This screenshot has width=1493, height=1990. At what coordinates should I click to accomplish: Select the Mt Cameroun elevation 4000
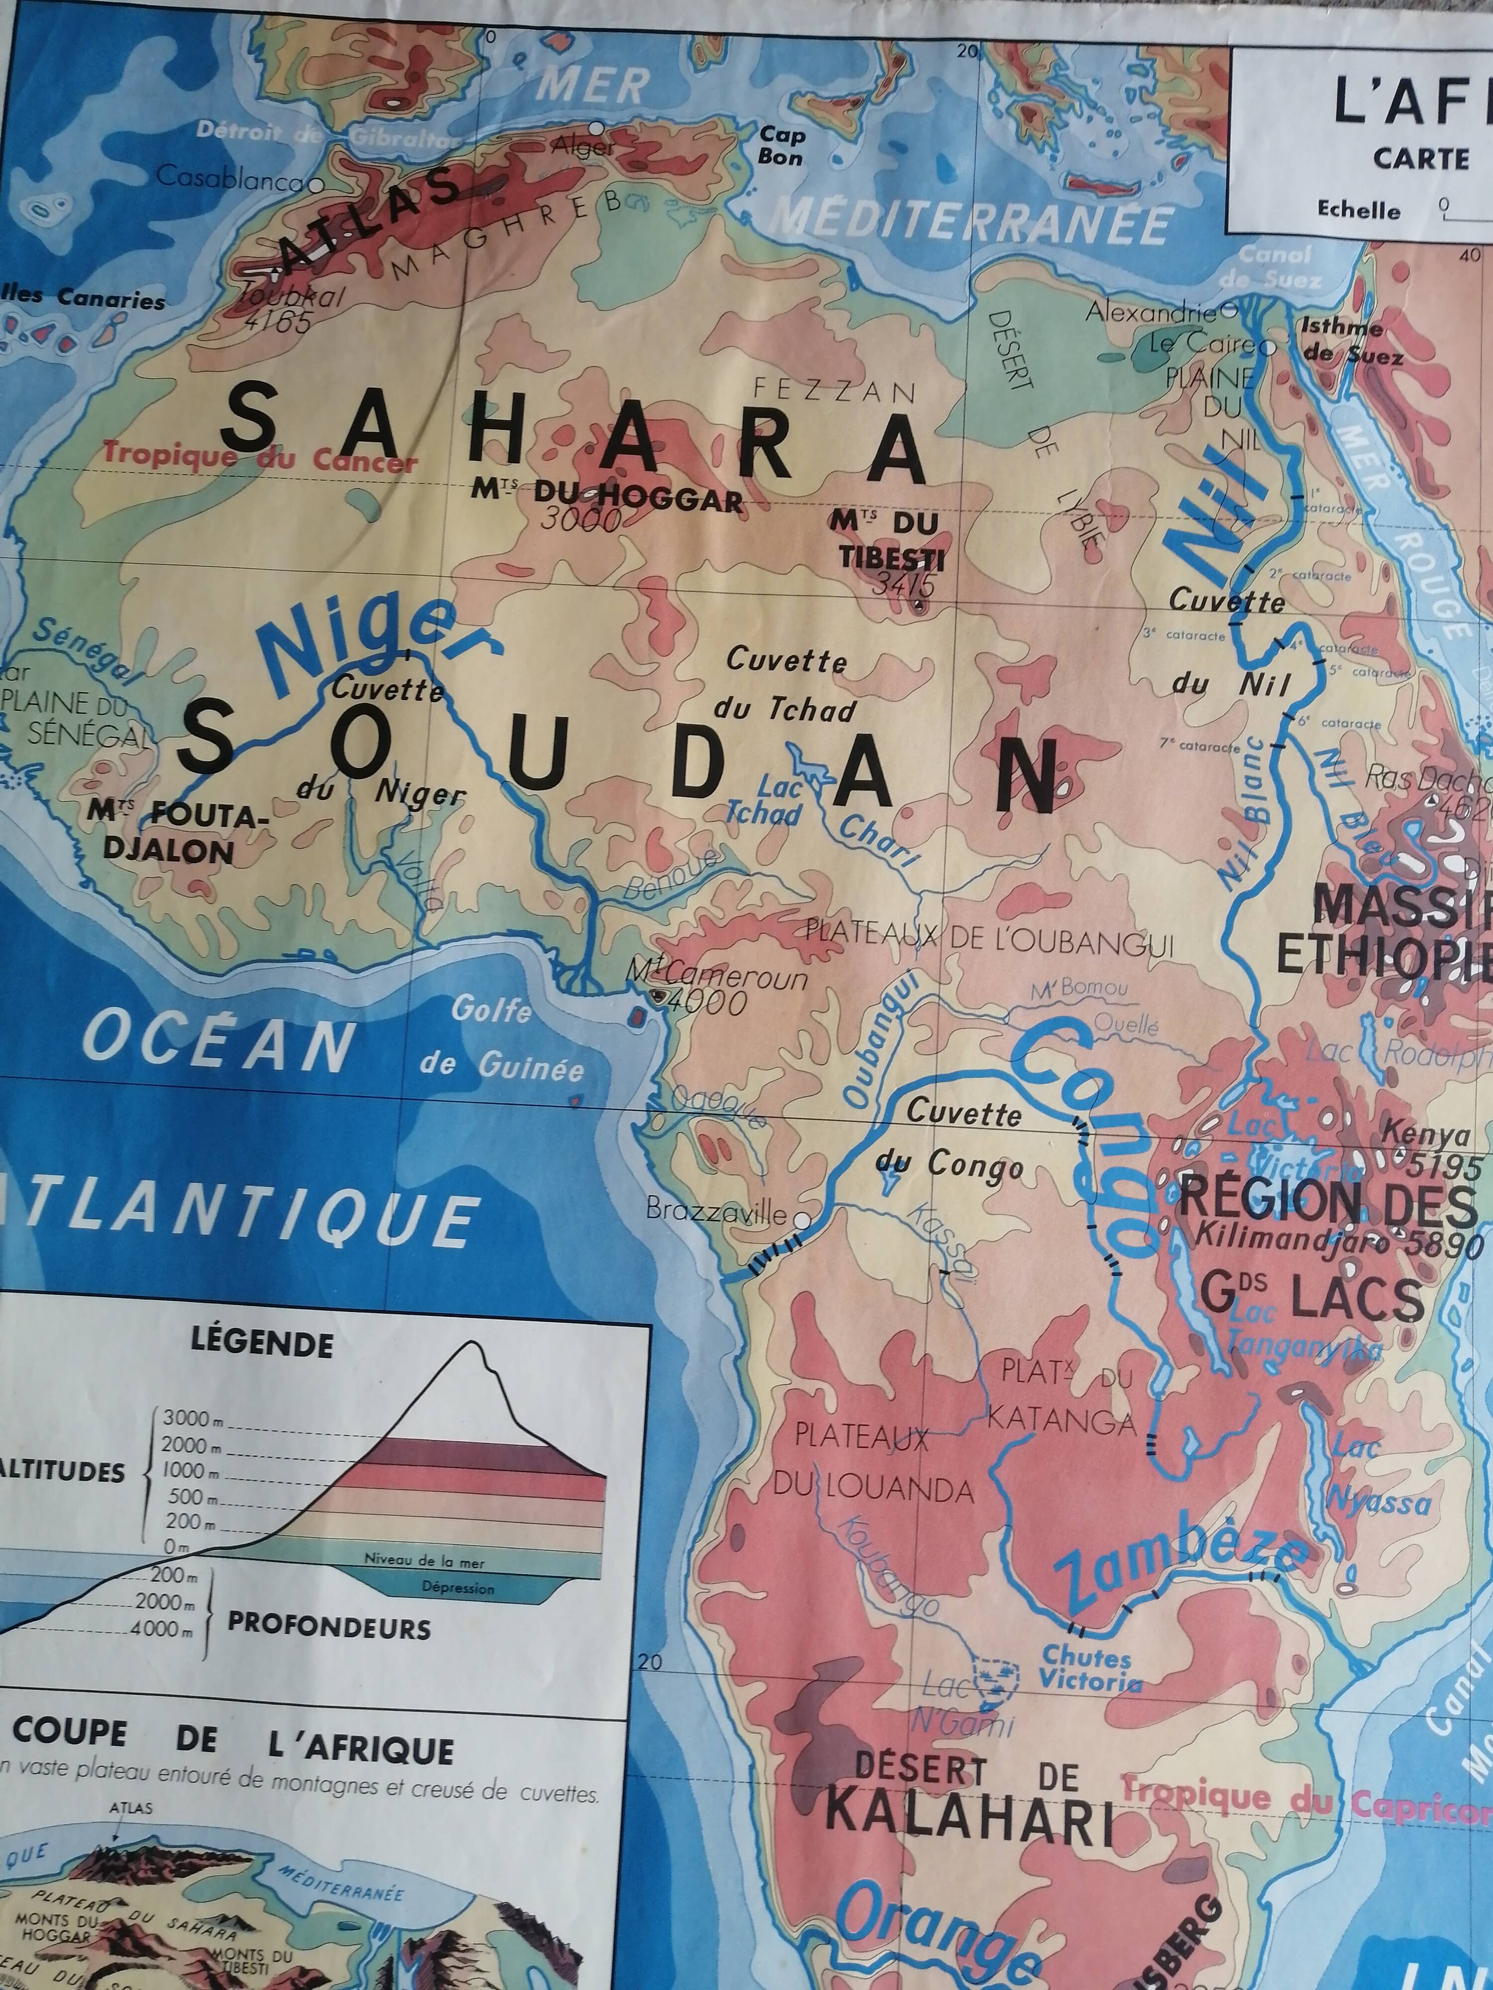click(x=711, y=1001)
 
